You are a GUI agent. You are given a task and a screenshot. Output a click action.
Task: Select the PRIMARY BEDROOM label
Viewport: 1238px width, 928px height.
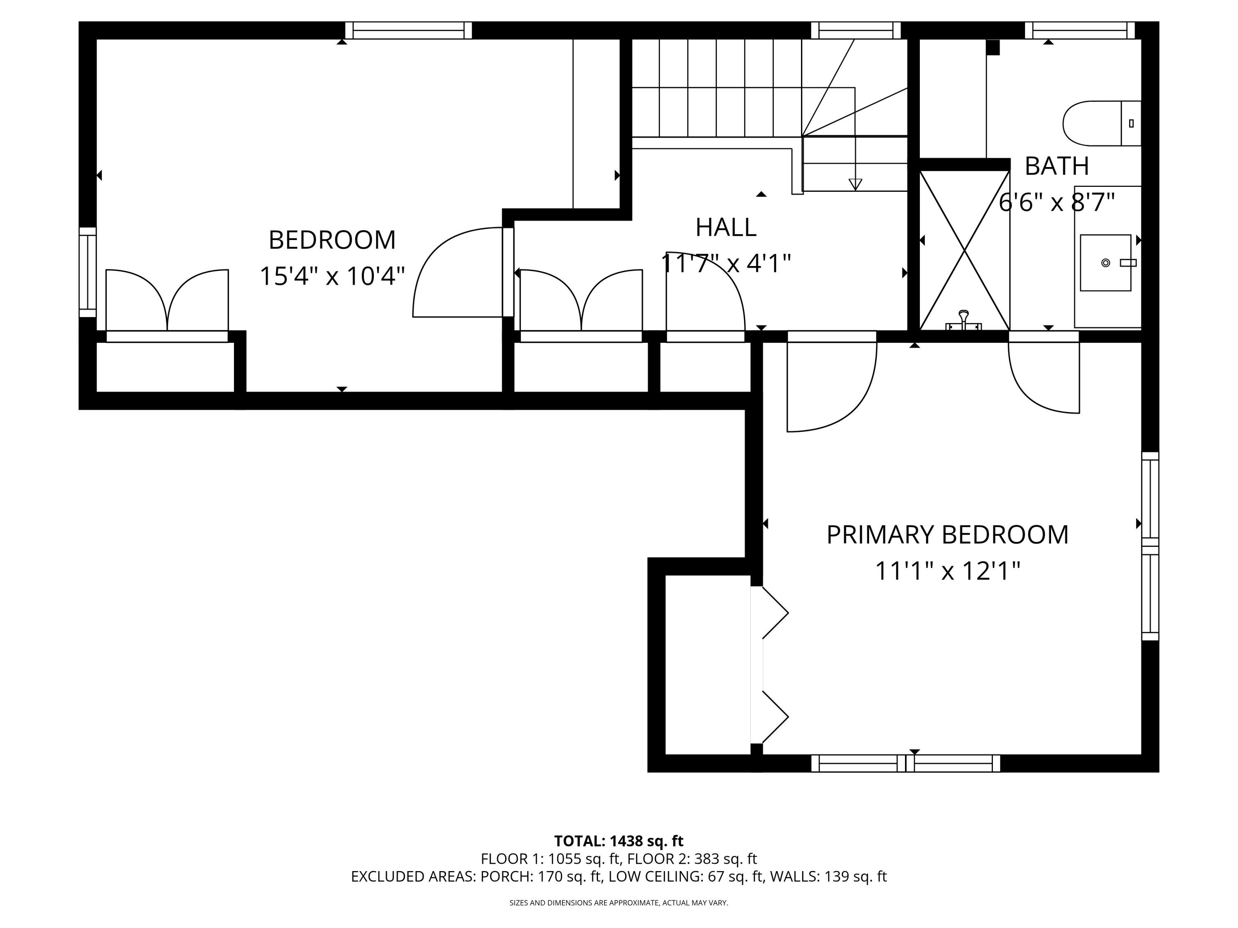pos(947,535)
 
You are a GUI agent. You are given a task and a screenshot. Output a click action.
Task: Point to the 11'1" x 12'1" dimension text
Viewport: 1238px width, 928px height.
pos(947,572)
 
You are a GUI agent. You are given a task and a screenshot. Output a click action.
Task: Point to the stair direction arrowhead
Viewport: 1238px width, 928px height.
pos(855,184)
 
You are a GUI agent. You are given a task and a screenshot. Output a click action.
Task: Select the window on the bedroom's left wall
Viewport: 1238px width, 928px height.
pos(87,272)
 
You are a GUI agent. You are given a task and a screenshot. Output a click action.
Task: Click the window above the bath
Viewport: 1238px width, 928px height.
pos(1079,30)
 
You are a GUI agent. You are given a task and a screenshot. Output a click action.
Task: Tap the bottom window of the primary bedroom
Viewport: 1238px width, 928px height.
pos(905,763)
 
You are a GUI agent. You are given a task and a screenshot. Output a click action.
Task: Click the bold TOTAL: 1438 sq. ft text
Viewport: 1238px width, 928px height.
pos(619,841)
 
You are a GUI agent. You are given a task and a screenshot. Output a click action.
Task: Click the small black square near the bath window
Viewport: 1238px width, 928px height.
pos(992,47)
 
